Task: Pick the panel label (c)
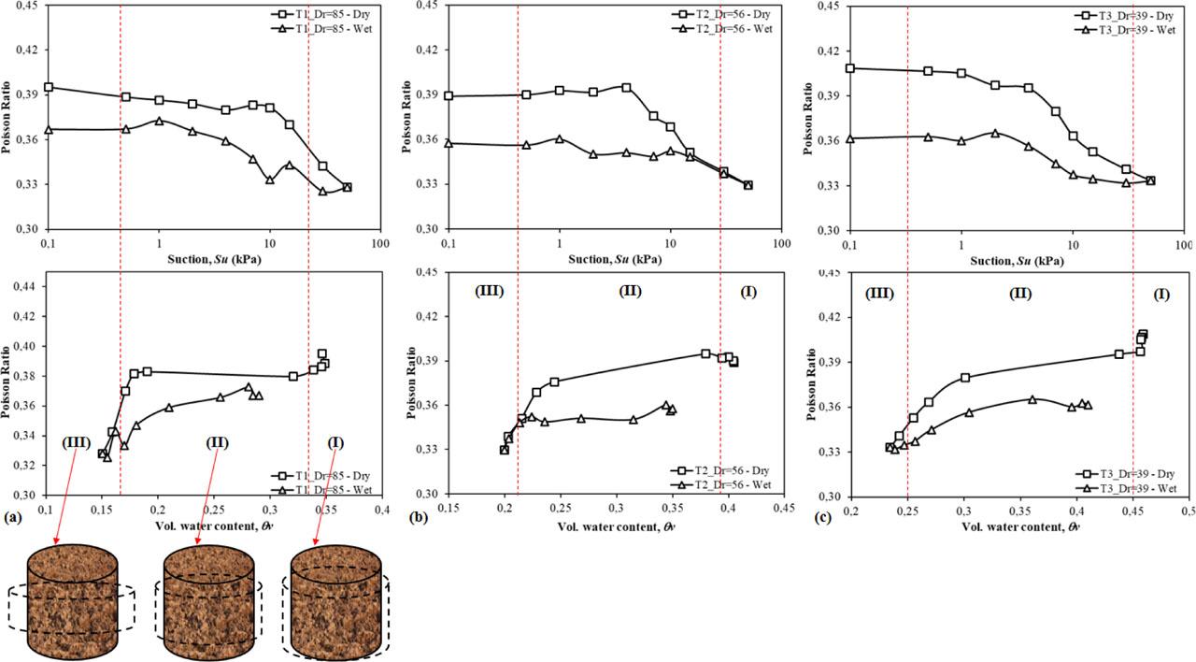click(x=819, y=514)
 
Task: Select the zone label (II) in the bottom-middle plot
click(x=630, y=292)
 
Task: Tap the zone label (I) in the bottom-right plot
click(x=1161, y=294)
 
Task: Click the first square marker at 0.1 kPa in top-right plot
click(x=849, y=68)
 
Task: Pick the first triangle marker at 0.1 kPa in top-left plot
click(x=48, y=129)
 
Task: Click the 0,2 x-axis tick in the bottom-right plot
click(x=850, y=512)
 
